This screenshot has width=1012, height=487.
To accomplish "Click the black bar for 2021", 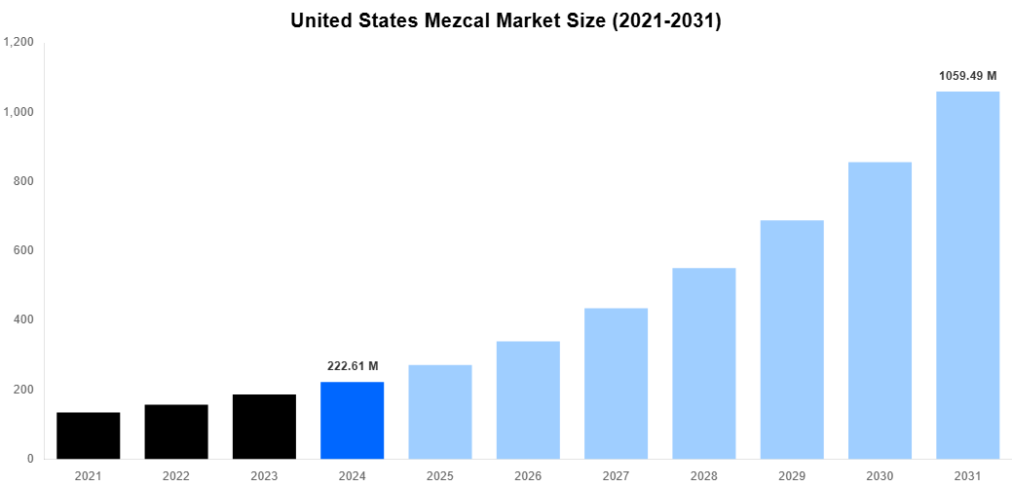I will click(x=89, y=435).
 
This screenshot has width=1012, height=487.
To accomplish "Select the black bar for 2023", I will click(x=264, y=427).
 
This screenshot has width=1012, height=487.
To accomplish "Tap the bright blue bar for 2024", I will click(x=352, y=420).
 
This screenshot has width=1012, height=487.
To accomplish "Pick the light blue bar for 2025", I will click(x=440, y=412).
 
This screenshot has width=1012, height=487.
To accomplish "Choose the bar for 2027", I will click(x=616, y=384).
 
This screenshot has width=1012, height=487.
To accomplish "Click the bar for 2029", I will click(x=792, y=339).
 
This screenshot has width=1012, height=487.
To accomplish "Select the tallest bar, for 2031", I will click(x=967, y=275).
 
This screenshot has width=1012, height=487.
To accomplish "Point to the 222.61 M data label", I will click(x=352, y=366).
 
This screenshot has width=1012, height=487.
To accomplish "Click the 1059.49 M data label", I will click(x=967, y=75).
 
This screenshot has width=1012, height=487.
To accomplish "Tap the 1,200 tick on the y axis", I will click(x=19, y=43).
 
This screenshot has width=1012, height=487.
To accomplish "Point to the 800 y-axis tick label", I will click(x=24, y=181).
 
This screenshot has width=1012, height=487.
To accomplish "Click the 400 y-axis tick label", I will click(x=24, y=320).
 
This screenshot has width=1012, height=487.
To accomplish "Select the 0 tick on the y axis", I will click(x=30, y=459).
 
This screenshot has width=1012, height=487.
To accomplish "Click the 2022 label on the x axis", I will click(x=176, y=475).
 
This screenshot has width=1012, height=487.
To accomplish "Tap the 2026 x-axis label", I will click(x=528, y=475).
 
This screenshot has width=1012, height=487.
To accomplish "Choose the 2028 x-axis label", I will click(x=703, y=475).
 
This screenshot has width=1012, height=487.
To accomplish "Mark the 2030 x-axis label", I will click(x=880, y=475).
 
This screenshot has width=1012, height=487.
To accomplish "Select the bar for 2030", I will click(x=880, y=310).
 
